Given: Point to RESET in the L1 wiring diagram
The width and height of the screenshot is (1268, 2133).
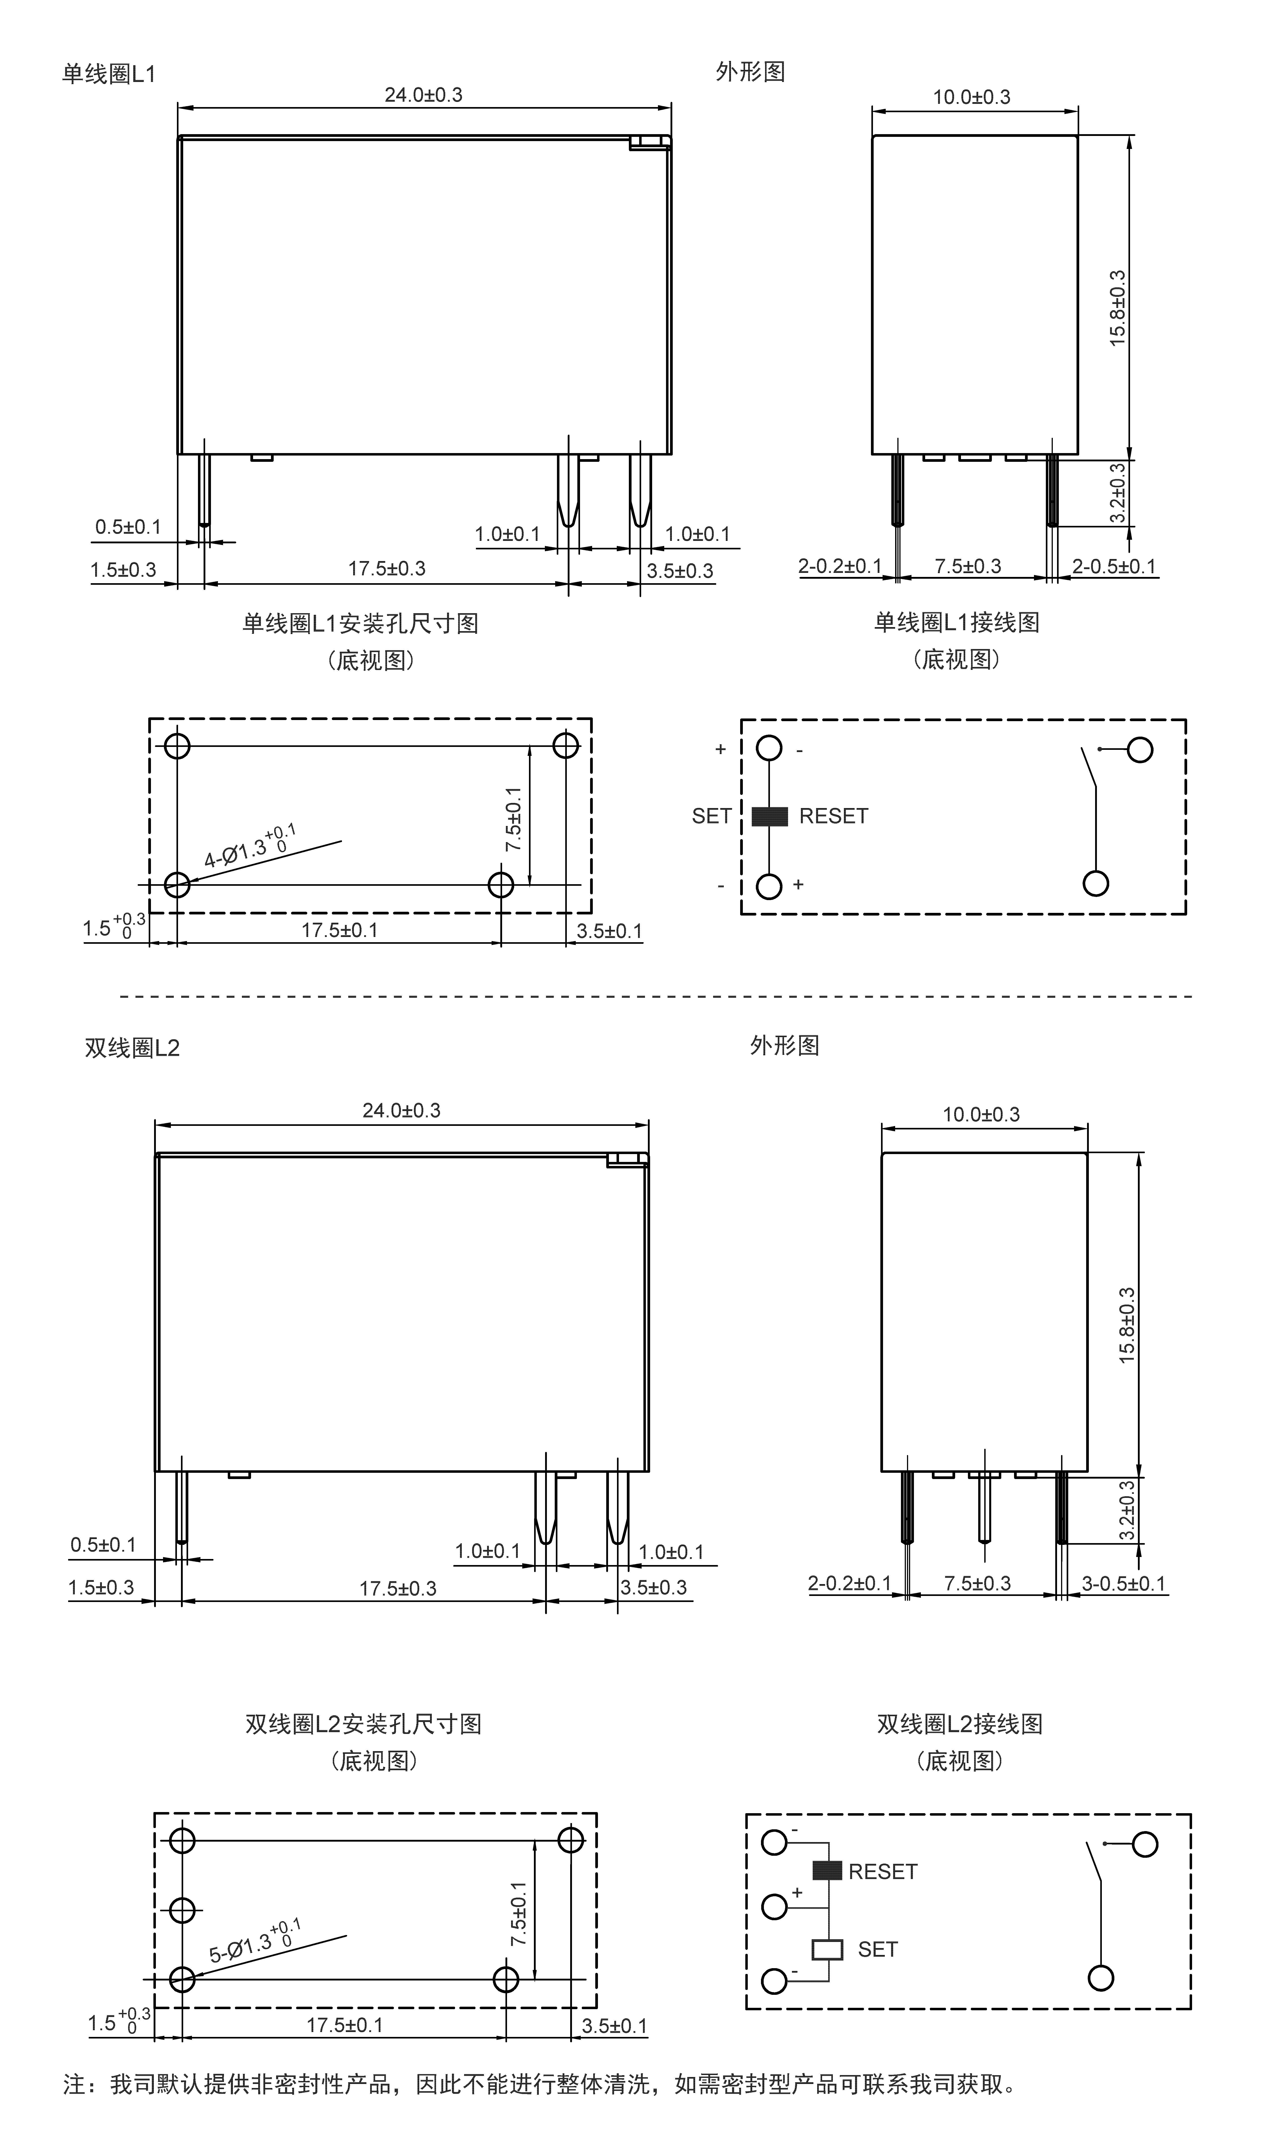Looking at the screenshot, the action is click(833, 817).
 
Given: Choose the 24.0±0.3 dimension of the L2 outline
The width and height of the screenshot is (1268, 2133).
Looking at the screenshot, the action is click(402, 1110).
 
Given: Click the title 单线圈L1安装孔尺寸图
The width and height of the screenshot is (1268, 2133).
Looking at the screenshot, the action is click(361, 624).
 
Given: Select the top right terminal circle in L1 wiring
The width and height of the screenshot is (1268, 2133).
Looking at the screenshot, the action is click(1140, 750).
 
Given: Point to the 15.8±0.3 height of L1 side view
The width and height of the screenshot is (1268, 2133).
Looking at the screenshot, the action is click(1118, 308).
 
